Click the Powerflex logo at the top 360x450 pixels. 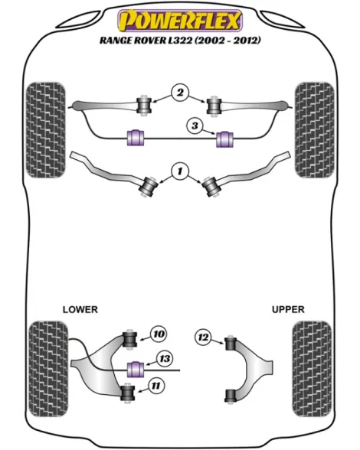point(180,21)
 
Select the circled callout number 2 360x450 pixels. point(180,93)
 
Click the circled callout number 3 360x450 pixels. point(195,126)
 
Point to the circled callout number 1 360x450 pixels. point(180,171)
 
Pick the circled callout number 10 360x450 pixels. point(159,334)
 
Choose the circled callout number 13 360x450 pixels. point(165,359)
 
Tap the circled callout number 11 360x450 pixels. point(155,386)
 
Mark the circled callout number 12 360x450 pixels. point(203,337)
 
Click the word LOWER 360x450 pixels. point(80,309)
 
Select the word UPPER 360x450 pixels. point(288,309)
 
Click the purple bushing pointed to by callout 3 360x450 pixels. point(224,139)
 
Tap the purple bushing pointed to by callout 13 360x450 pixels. point(136,370)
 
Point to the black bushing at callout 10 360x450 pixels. point(129,339)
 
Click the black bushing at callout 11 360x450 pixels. point(127,393)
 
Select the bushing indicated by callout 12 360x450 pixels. point(231,344)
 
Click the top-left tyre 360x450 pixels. point(45,130)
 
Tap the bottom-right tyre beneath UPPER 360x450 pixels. point(312,369)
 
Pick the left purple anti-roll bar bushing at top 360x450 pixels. point(136,139)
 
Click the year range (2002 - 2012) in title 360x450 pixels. point(227,40)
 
